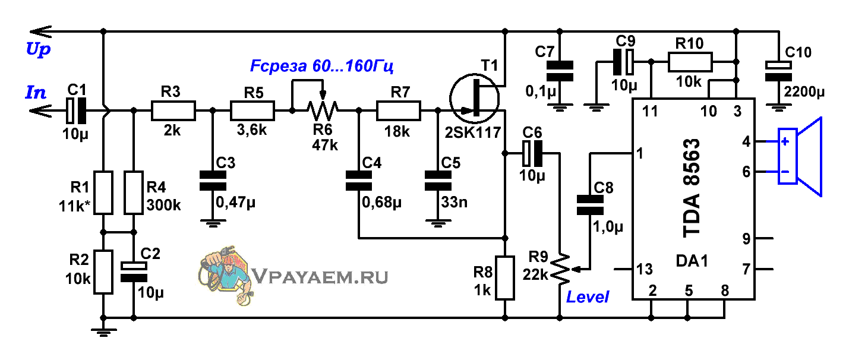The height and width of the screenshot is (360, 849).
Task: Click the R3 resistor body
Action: [173, 110]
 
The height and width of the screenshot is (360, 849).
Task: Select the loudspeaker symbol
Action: [800, 156]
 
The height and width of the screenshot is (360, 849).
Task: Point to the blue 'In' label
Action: [36, 93]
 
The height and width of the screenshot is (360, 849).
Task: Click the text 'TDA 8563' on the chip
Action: [692, 188]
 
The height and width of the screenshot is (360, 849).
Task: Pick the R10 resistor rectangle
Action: [690, 62]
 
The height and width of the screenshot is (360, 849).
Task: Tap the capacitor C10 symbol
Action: [778, 71]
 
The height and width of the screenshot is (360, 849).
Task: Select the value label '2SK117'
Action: [473, 133]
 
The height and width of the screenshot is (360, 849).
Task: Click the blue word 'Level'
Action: [588, 296]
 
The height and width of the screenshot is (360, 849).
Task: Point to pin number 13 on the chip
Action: [645, 269]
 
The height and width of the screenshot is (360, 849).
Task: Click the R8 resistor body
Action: [505, 278]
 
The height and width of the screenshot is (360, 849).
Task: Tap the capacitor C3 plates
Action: [213, 181]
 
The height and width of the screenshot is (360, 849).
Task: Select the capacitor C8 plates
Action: [590, 205]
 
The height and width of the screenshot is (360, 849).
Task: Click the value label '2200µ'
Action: [804, 92]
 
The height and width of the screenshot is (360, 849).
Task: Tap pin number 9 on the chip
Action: [746, 239]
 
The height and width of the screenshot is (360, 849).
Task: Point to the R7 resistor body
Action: [398, 110]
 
